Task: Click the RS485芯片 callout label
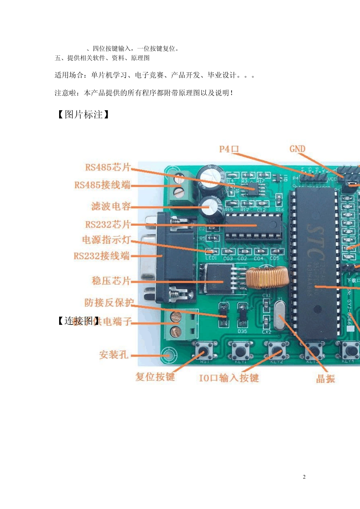108,167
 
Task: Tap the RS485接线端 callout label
102,185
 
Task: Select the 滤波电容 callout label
111,206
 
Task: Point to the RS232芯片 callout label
108,225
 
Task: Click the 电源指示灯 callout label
106,240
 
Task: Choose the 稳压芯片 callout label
111,281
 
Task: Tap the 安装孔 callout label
113,355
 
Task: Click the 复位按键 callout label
155,377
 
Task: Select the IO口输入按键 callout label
229,378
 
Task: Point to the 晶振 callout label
326,379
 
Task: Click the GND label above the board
297,149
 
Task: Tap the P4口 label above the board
229,149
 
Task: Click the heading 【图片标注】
83,115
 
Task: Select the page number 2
304,477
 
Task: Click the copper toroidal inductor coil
267,277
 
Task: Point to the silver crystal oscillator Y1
280,317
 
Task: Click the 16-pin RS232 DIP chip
254,226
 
